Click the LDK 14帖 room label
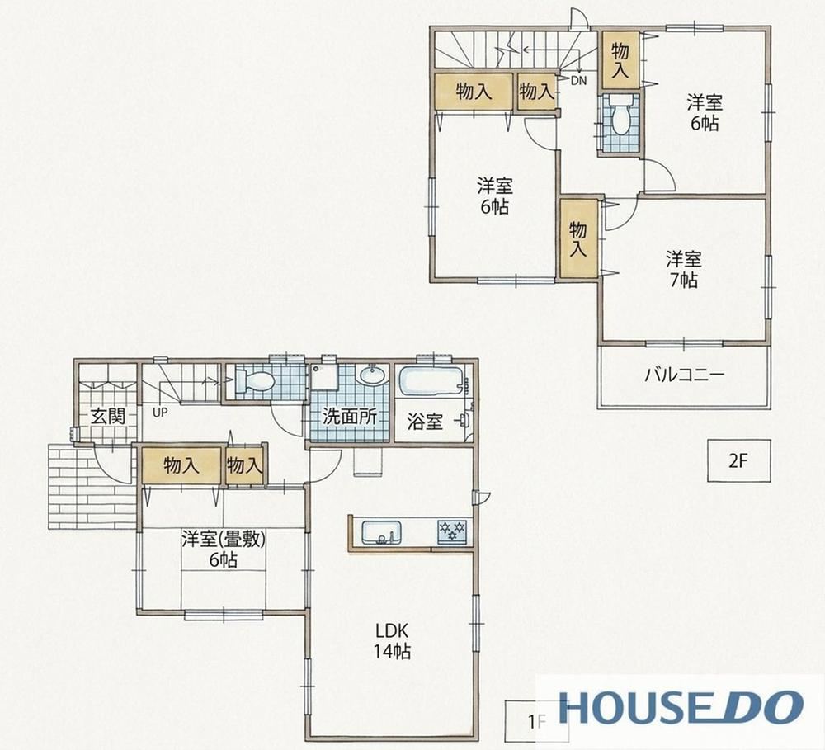pyautogui.click(x=393, y=641)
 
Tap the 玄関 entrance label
pyautogui.click(x=108, y=417)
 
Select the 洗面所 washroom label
pyautogui.click(x=349, y=417)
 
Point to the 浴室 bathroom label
pyautogui.click(x=425, y=422)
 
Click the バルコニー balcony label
pyautogui.click(x=685, y=375)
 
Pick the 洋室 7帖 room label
pyautogui.click(x=683, y=269)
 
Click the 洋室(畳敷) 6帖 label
pyautogui.click(x=223, y=549)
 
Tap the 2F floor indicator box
pyautogui.click(x=738, y=460)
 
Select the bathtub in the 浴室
pyautogui.click(x=431, y=381)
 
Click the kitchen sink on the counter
pyautogui.click(x=381, y=533)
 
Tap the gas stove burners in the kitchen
pyautogui.click(x=452, y=531)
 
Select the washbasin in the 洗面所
pyautogui.click(x=373, y=375)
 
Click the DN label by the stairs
pyautogui.click(x=578, y=81)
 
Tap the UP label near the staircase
pyautogui.click(x=160, y=413)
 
